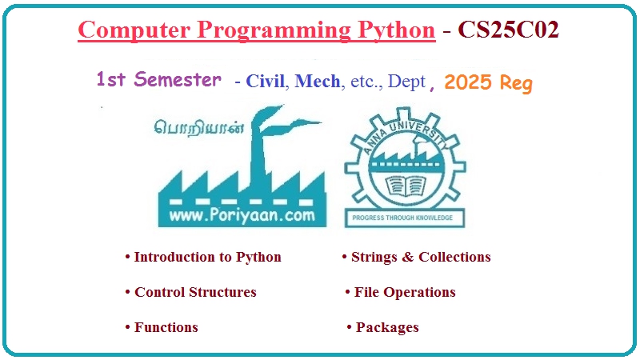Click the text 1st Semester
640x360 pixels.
[x=158, y=80]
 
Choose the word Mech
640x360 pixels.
[x=317, y=82]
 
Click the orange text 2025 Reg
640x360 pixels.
[x=487, y=83]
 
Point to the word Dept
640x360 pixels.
[x=407, y=82]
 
